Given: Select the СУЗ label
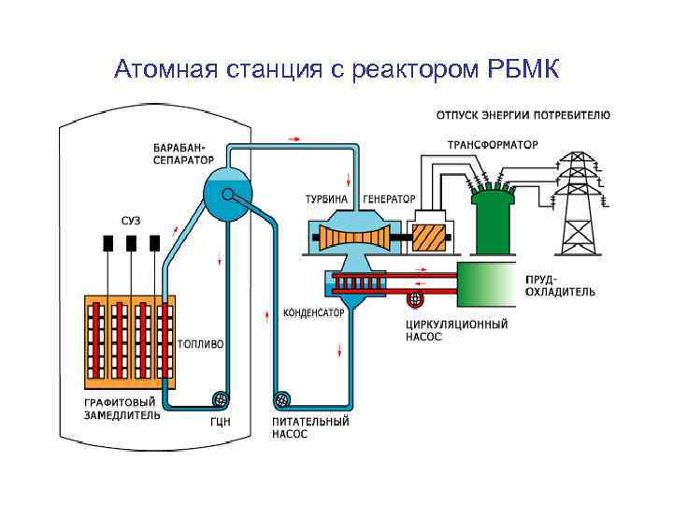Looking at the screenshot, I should [131, 221].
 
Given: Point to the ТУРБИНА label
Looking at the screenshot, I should [326, 199].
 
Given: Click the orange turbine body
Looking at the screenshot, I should [351, 238].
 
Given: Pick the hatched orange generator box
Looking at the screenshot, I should [431, 237].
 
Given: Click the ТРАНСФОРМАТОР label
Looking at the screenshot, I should [492, 145].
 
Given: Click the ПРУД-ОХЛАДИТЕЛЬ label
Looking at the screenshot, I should [558, 285].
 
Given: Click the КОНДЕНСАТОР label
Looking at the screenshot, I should [313, 312].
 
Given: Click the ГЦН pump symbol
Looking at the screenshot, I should [222, 399].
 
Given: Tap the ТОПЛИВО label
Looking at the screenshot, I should [200, 344].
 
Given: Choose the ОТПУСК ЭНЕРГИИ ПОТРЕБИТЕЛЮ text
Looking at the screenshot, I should [523, 116].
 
